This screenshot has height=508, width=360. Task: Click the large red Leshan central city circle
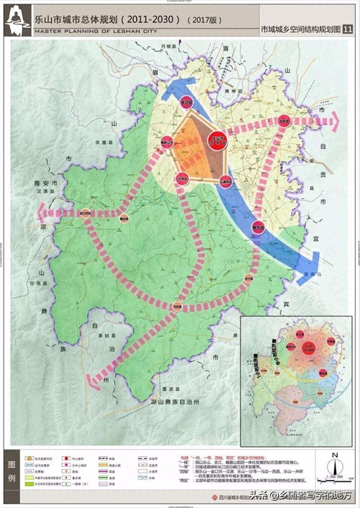click(217, 141)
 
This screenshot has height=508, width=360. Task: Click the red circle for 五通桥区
click(226, 182)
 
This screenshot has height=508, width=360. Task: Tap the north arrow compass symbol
click(335, 458)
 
